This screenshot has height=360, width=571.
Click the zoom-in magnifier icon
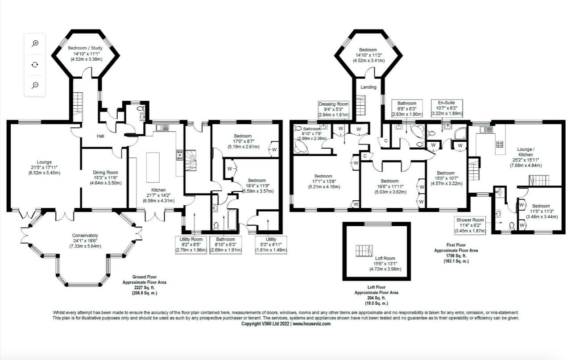click(35, 43)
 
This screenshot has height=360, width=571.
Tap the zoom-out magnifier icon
click(35, 85)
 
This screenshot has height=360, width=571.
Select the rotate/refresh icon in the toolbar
click(35, 65)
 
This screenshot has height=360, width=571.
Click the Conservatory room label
click(85, 236)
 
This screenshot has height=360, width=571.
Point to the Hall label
click(100, 136)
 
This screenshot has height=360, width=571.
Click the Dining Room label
click(105, 172)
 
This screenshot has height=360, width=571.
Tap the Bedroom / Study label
click(85, 48)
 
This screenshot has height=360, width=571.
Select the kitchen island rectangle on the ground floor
click(153, 167)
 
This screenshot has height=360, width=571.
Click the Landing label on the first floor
click(368, 87)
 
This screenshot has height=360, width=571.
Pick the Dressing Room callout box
click(333, 109)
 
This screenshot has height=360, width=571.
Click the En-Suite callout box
click(447, 108)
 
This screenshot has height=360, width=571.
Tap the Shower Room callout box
click(470, 226)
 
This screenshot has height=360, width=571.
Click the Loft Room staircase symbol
click(364, 251)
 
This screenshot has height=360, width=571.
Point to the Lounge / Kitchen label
click(525, 152)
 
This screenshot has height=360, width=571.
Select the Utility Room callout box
click(191, 245)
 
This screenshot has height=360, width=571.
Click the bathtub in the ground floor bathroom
click(232, 220)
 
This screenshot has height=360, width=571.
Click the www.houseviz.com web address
click(311, 324)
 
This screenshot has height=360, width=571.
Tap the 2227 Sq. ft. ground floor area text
click(145, 288)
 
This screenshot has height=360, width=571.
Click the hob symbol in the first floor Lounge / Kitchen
click(500, 145)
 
